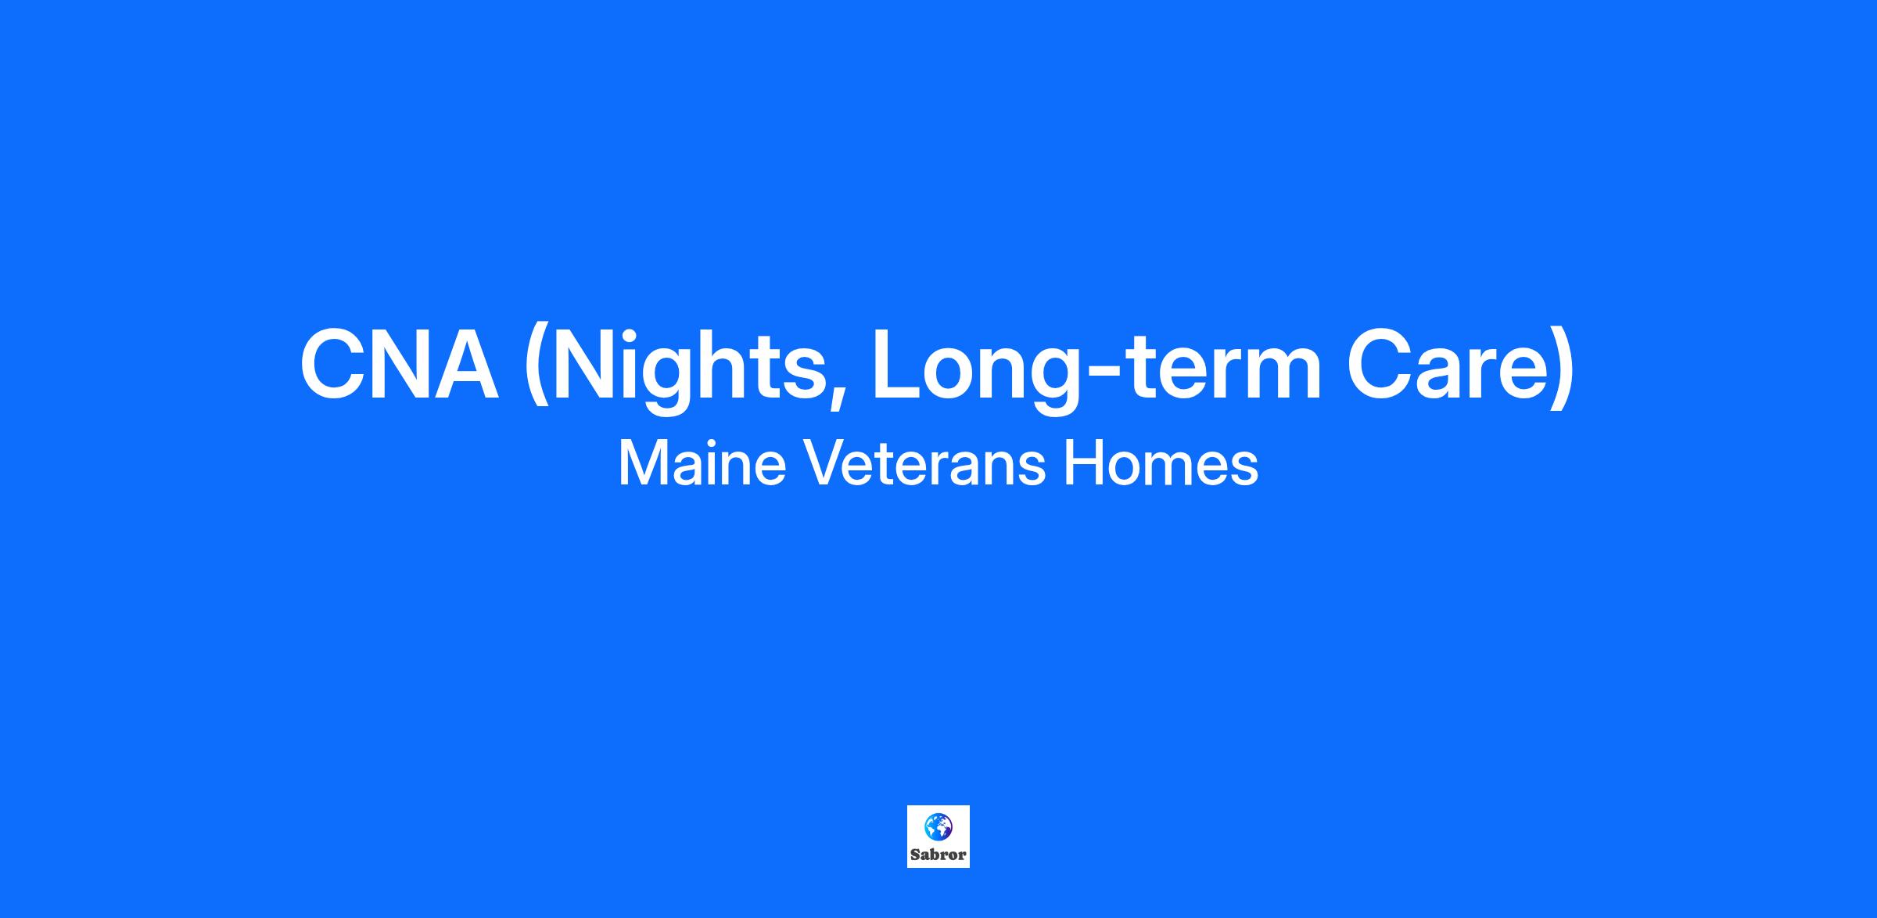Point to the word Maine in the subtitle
[x=702, y=463]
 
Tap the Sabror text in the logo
[x=938, y=855]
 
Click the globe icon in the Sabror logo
[x=938, y=826]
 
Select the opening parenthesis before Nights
[x=536, y=368]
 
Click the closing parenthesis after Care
[x=1561, y=368]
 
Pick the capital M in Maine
[x=644, y=463]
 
